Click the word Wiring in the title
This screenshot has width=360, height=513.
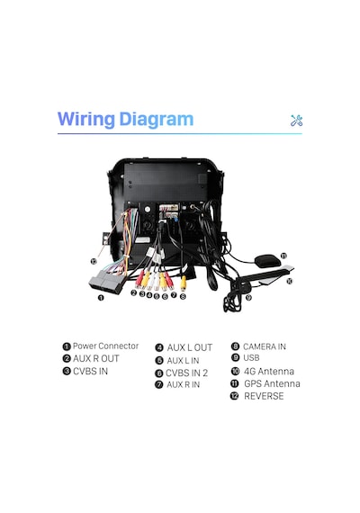tap(86, 120)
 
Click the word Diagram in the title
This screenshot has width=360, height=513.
tap(156, 120)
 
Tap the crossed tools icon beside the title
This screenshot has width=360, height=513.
tap(296, 121)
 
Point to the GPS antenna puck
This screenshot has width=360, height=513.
tap(268, 261)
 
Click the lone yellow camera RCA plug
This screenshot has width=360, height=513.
tap(184, 283)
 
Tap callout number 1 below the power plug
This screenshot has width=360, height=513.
tap(101, 298)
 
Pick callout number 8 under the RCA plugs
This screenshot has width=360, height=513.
tap(183, 296)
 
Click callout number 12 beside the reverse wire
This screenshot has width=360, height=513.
tap(94, 261)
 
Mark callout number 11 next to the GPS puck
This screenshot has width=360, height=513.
tap(283, 256)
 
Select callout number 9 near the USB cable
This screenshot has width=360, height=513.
tap(248, 297)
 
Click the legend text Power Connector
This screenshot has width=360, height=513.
tap(105, 346)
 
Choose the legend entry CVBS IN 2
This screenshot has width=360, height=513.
tap(186, 373)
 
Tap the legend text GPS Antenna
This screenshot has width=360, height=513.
tap(272, 383)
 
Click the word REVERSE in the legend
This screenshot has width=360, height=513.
tap(264, 396)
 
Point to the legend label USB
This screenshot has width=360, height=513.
tap(251, 357)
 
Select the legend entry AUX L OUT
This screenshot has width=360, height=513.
tap(190, 347)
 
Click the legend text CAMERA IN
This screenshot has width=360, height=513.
tap(265, 346)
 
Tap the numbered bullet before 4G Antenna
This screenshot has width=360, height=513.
tap(235, 371)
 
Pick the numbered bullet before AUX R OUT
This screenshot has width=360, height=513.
tap(67, 358)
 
